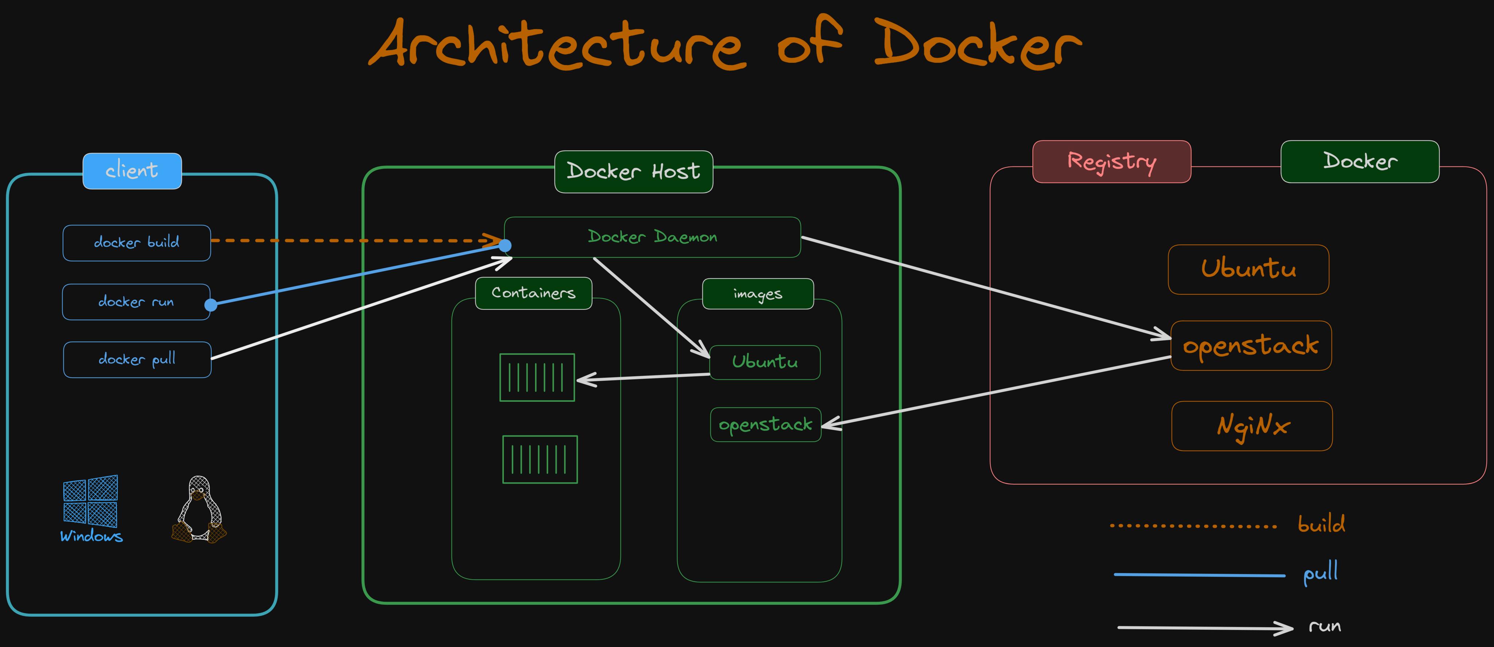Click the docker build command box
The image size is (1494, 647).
coord(137,243)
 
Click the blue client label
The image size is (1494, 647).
coord(132,171)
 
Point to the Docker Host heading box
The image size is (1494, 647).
coord(633,172)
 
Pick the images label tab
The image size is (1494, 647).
coord(758,294)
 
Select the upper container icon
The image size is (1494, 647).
coord(537,377)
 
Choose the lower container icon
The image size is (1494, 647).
coord(540,459)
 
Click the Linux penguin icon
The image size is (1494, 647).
coord(199,510)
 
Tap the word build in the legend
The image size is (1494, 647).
coord(1321,524)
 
